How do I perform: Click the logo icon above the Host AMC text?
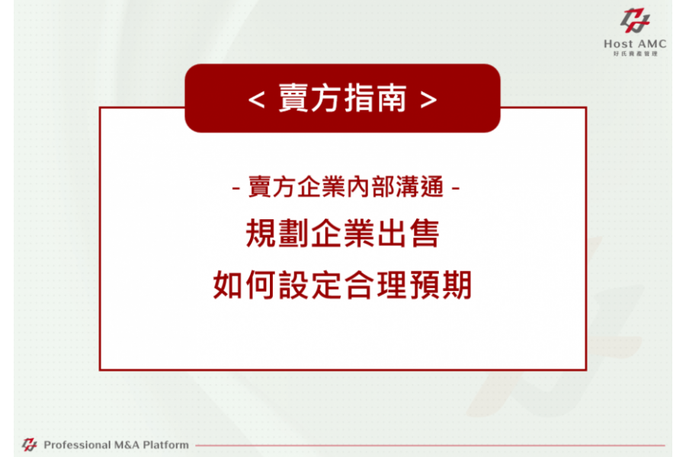click(634, 21)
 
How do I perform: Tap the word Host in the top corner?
click(618, 43)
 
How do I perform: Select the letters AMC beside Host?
click(652, 43)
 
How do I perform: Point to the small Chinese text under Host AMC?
click(635, 54)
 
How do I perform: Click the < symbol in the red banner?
click(256, 100)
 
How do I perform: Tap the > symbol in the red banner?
click(428, 100)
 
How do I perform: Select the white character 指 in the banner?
click(359, 98)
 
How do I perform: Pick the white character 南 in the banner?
click(392, 98)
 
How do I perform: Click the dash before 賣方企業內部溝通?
click(236, 188)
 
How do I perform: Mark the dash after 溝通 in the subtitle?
click(456, 188)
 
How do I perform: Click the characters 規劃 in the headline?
click(277, 233)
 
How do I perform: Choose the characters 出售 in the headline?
click(407, 233)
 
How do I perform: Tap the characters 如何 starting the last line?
click(245, 285)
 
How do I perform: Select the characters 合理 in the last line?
click(375, 285)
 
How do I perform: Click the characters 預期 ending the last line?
click(440, 285)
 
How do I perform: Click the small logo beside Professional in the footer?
click(29, 445)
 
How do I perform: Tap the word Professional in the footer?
click(78, 445)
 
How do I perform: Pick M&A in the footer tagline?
click(127, 445)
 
